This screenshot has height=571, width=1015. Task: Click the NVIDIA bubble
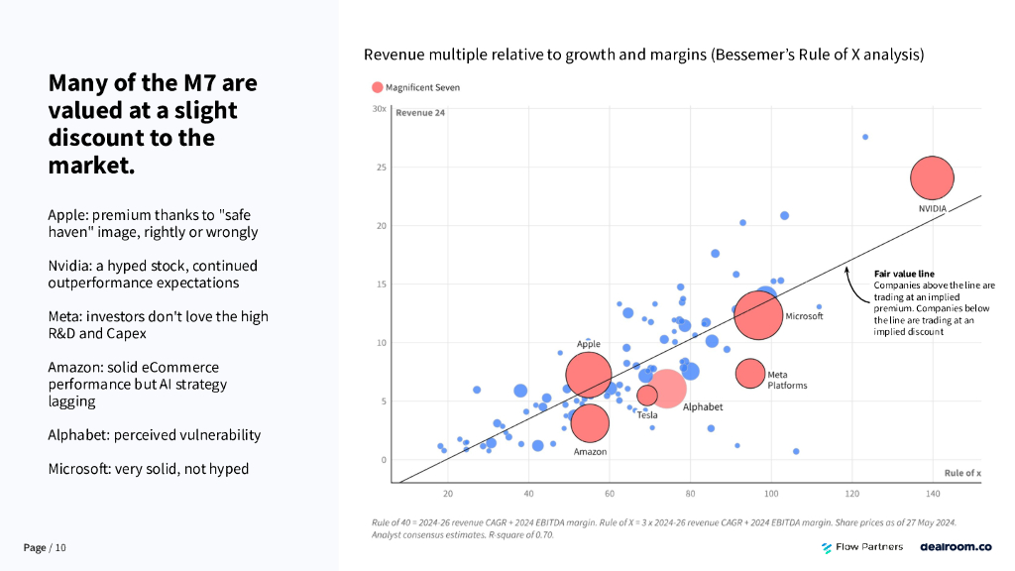931,178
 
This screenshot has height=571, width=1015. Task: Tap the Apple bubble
589,375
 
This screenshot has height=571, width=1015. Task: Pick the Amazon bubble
590,422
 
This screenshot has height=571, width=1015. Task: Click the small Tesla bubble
647,395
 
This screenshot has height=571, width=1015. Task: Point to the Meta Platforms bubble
750,373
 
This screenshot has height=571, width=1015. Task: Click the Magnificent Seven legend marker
377,87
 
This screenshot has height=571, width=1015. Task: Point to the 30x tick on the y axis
379,109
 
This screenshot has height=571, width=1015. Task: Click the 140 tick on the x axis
933,493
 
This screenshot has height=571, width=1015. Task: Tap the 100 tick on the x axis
771,493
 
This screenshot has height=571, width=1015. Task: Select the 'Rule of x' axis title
962,473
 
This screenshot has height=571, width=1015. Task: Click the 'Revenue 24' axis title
420,113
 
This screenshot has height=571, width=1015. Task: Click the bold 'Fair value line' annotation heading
904,274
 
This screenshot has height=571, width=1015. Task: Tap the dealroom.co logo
956,547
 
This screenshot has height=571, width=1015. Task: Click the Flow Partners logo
862,547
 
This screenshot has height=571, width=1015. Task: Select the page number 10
60,548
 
